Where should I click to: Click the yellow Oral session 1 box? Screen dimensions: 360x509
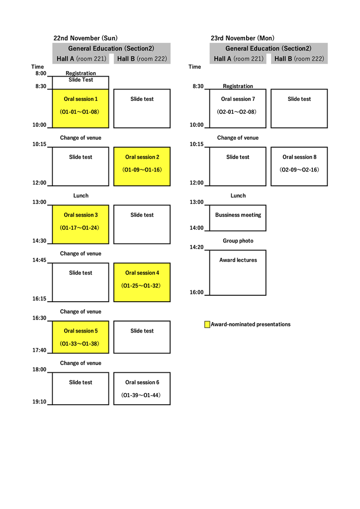pyautogui.click(x=81, y=108)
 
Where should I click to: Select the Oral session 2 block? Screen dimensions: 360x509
pyautogui.click(x=142, y=167)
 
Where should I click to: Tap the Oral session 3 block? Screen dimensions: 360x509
pyautogui.click(x=81, y=224)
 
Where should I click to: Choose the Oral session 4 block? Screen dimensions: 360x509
pyautogui.click(x=142, y=282)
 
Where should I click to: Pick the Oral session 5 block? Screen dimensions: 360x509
pyautogui.click(x=81, y=337)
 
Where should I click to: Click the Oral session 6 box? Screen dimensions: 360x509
pyautogui.click(x=142, y=389)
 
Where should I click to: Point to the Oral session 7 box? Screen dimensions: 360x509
pyautogui.click(x=238, y=108)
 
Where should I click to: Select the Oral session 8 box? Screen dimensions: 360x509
pyautogui.click(x=299, y=167)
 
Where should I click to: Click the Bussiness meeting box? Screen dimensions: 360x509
pyautogui.click(x=238, y=218)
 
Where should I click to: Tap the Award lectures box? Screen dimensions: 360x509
pyautogui.click(x=238, y=273)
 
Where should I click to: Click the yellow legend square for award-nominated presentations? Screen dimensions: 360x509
pyautogui.click(x=207, y=324)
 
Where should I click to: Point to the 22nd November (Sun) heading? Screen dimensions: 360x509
pyautogui.click(x=86, y=38)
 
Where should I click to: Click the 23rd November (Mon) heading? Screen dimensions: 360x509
pyautogui.click(x=243, y=38)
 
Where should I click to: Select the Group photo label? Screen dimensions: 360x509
pyautogui.click(x=238, y=241)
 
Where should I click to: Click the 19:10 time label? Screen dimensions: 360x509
pyautogui.click(x=39, y=402)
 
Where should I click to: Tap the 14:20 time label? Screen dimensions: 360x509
pyautogui.click(x=196, y=247)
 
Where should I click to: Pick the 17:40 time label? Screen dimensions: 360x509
pyautogui.click(x=39, y=350)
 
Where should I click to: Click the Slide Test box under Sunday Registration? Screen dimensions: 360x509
pyautogui.click(x=81, y=83)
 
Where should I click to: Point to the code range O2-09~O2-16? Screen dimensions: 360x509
pyautogui.click(x=299, y=170)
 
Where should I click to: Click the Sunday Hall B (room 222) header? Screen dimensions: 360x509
pyautogui.click(x=142, y=59)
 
